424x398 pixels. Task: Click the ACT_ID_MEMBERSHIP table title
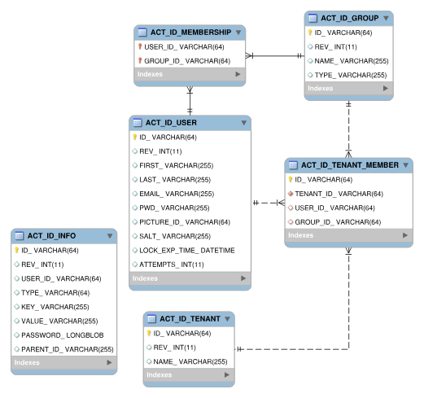(190, 33)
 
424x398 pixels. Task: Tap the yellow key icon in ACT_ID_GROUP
(310, 33)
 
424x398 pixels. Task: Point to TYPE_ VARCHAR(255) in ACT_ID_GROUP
(351, 75)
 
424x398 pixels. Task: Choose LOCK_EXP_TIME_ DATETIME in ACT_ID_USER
(187, 251)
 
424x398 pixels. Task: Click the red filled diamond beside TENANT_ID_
(291, 194)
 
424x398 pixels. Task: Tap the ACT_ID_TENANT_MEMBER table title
(350, 165)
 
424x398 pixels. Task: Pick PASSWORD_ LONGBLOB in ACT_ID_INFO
(63, 335)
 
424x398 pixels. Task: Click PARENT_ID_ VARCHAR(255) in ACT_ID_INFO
(68, 349)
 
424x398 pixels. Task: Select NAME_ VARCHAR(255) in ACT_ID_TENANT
(190, 361)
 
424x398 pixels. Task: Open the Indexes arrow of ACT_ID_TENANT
(227, 374)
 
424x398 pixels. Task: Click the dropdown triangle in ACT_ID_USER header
(244, 123)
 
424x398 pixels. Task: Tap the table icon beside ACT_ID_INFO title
(20, 236)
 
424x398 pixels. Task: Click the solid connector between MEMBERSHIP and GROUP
(275, 56)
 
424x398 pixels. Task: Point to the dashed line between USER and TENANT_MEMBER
(269, 203)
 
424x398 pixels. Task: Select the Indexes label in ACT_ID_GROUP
(321, 89)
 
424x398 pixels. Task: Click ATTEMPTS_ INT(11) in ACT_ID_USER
(172, 265)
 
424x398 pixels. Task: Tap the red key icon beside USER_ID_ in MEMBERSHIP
(140, 46)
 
